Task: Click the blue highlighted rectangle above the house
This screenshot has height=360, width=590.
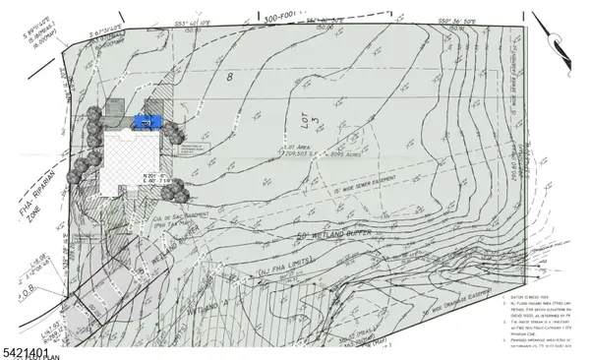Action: pos(147,122)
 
